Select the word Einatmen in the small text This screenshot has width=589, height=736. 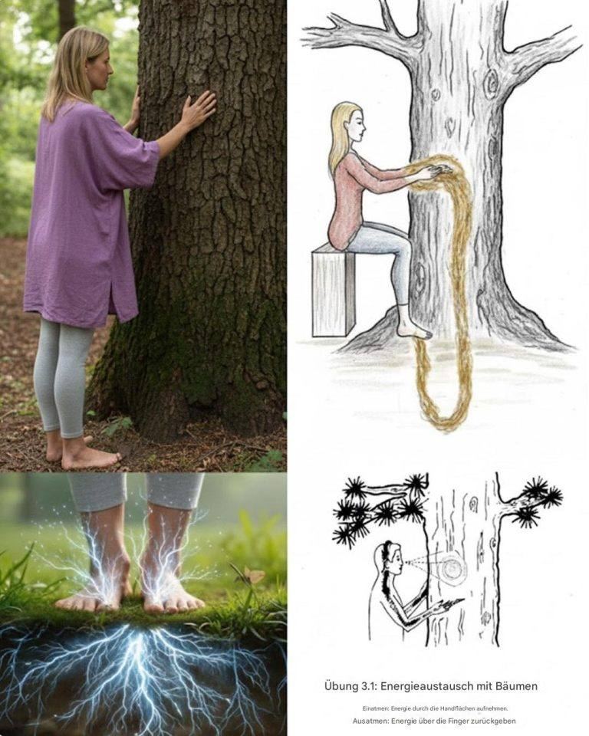pos(376,708)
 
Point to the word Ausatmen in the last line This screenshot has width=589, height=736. pos(370,721)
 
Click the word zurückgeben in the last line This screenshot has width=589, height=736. pos(493,721)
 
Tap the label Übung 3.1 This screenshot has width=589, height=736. pos(348,686)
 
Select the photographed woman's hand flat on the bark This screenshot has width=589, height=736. pos(197,110)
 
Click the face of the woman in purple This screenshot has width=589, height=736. pos(104,68)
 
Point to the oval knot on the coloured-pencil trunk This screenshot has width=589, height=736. pos(492,85)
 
